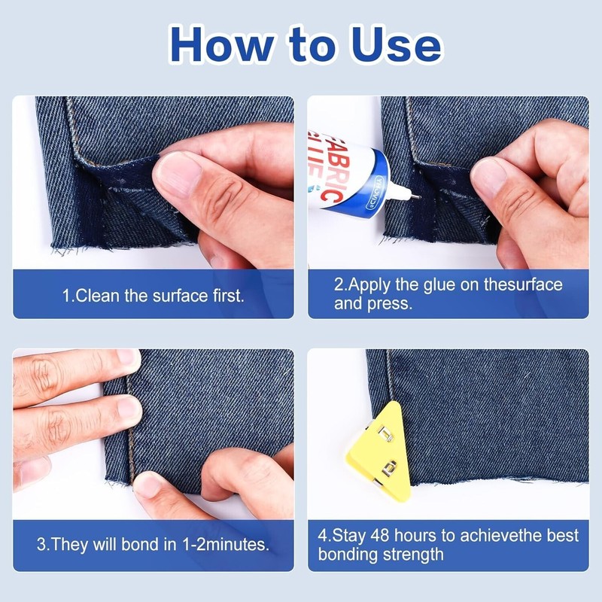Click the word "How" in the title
tap(222, 44)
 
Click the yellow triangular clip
tap(381, 451)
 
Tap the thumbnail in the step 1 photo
tap(178, 172)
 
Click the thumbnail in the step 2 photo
tap(488, 176)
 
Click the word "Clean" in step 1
tap(98, 296)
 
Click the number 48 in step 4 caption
tap(380, 536)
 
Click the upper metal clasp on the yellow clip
tap(385, 433)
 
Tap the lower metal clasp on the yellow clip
tap(389, 468)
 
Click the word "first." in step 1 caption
tap(229, 296)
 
